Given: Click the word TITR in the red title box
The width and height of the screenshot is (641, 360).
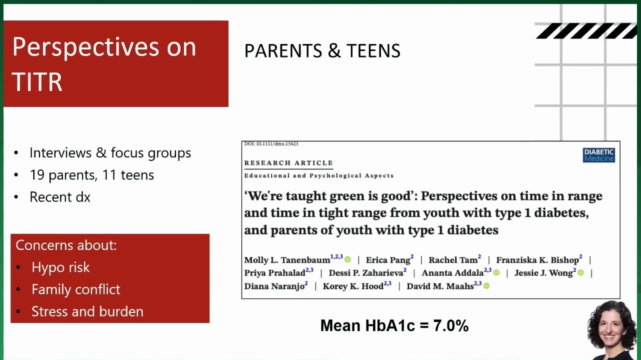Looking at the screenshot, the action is click(37, 82).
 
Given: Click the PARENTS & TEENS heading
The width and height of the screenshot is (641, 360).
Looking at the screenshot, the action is click(322, 51).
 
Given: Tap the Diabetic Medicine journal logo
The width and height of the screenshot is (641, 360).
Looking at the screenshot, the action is click(598, 155).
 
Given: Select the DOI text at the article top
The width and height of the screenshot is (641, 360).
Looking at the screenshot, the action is click(271, 143).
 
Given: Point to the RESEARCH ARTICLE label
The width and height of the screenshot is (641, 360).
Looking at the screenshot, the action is click(288, 163).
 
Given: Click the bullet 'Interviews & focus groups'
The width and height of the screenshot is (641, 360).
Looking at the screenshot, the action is click(110, 152).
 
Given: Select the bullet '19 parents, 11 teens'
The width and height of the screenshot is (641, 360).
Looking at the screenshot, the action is click(91, 175).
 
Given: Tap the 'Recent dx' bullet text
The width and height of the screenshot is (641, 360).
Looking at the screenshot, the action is click(60, 197).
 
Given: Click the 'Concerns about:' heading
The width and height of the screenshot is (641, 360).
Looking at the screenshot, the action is click(66, 245).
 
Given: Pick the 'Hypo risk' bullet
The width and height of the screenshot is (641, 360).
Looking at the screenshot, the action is click(60, 267).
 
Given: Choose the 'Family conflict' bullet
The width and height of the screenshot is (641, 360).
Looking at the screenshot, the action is click(76, 289).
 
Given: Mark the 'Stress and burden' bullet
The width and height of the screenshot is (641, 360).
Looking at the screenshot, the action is click(87, 311).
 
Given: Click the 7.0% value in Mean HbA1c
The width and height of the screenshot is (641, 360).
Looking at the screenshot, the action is click(450, 325).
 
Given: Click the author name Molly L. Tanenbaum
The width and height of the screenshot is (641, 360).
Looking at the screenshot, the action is click(287, 260).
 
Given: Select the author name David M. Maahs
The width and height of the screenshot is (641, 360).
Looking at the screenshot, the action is click(440, 286).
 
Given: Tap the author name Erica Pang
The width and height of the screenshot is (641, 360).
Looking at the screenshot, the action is click(387, 260).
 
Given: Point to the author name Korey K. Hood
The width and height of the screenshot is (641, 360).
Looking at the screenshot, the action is click(353, 286).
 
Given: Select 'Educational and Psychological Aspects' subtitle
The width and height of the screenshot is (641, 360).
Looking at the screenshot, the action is click(319, 175).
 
